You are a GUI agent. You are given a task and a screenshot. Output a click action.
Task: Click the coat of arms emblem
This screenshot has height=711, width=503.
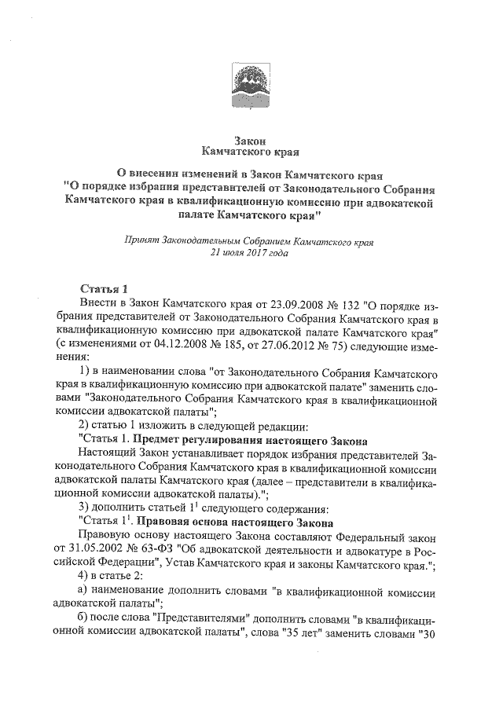(251, 83)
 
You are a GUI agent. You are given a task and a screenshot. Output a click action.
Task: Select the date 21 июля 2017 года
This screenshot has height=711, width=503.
(251, 254)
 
